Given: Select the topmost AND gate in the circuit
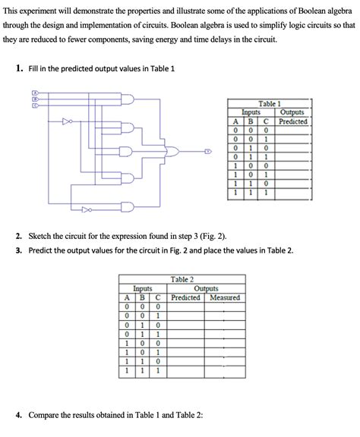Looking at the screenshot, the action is pyautogui.click(x=128, y=99).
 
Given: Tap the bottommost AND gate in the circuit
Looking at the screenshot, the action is pyautogui.click(x=128, y=206).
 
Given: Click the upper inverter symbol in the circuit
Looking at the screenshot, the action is pyautogui.click(x=68, y=121).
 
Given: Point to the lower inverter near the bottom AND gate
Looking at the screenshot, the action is pyautogui.click(x=87, y=209).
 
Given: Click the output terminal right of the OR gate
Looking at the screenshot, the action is pyautogui.click(x=208, y=151).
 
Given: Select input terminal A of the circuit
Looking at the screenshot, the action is pyautogui.click(x=35, y=93).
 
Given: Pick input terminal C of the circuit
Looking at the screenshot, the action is pyautogui.click(x=35, y=105).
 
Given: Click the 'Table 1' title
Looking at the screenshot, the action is pyautogui.click(x=269, y=104).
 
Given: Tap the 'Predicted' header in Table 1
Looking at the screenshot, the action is pyautogui.click(x=293, y=121).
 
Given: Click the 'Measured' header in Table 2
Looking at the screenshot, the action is pyautogui.click(x=225, y=297).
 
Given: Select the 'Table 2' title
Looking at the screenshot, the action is pyautogui.click(x=182, y=279).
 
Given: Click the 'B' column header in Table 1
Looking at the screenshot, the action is pyautogui.click(x=251, y=121).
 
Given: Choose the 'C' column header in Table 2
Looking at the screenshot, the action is pyautogui.click(x=158, y=297).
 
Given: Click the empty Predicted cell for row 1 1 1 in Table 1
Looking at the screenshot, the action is pyautogui.click(x=292, y=193).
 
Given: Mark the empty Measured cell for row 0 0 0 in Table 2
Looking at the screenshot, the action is pyautogui.click(x=225, y=307).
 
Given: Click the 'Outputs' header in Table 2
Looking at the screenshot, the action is pyautogui.click(x=206, y=288).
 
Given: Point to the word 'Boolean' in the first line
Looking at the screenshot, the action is pyautogui.click(x=311, y=11).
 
